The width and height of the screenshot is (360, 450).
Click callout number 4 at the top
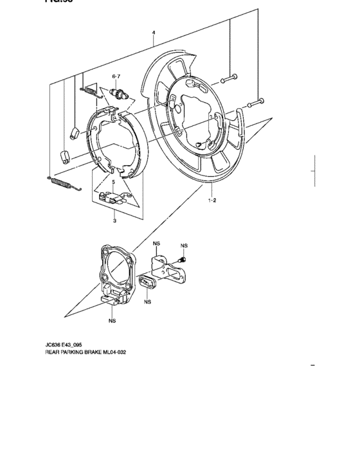click(x=154, y=32)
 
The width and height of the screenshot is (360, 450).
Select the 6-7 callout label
click(x=116, y=76)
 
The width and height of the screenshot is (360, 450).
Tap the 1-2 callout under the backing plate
click(x=212, y=201)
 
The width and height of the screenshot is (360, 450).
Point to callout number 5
click(x=113, y=183)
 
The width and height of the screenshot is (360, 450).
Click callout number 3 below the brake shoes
click(x=114, y=222)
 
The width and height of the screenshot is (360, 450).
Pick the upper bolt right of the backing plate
click(x=230, y=80)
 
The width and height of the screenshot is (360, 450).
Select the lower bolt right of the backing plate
click(x=256, y=102)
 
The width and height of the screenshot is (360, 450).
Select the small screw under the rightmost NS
click(x=182, y=259)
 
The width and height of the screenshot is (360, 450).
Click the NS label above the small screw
click(x=184, y=246)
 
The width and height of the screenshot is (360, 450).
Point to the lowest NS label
click(x=113, y=319)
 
